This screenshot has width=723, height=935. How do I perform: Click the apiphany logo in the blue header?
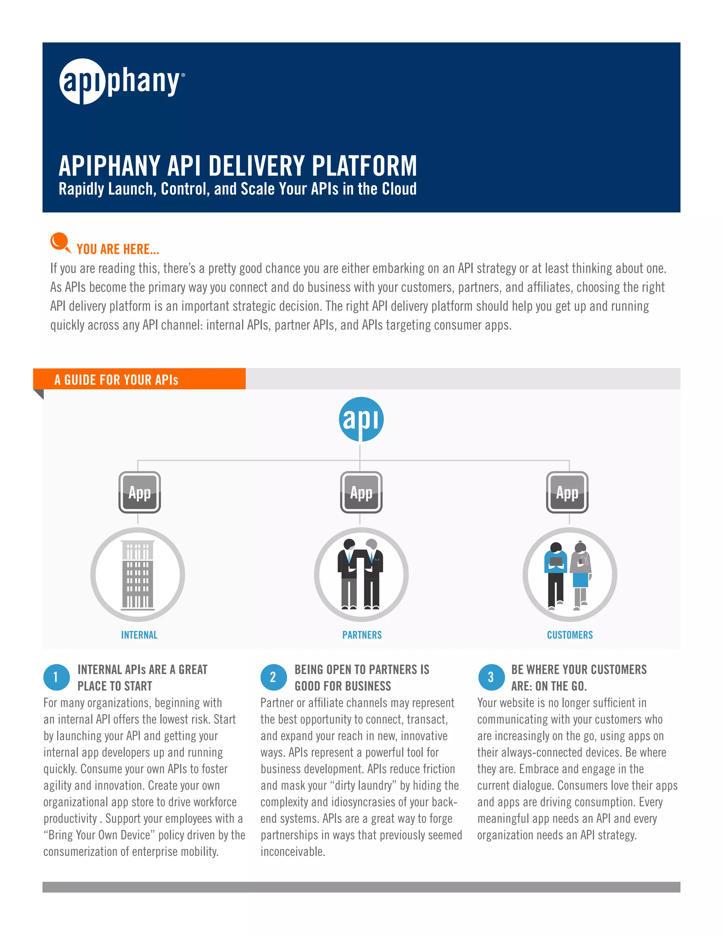click(x=122, y=82)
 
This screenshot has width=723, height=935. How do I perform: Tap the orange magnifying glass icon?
click(x=60, y=242)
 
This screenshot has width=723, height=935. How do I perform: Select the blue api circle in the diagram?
click(x=361, y=419)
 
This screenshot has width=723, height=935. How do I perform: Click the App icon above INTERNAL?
click(x=140, y=492)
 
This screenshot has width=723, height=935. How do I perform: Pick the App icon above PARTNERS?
click(x=361, y=492)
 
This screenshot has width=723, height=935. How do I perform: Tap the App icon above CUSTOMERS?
click(x=567, y=492)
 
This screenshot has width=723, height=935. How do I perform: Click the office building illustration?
click(x=137, y=574)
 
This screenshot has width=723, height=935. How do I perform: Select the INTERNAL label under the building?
click(x=139, y=635)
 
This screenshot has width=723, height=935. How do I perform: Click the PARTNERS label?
click(x=362, y=635)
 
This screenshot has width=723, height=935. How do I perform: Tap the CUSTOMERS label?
click(x=570, y=635)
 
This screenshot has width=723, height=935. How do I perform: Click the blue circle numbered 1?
click(x=56, y=677)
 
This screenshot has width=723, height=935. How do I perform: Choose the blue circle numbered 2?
click(x=273, y=677)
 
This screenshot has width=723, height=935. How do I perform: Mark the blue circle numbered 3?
click(x=491, y=677)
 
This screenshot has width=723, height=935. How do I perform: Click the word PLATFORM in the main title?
click(x=364, y=166)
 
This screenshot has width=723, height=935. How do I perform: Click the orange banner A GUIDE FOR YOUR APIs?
click(x=139, y=379)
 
